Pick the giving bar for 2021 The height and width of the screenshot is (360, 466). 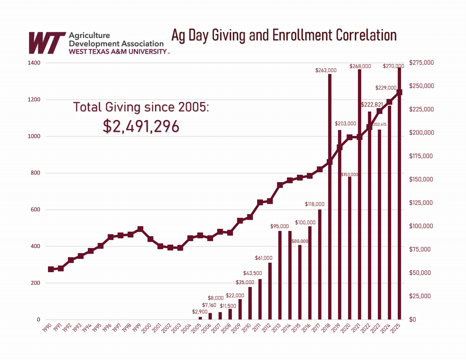pyautogui.click(x=360, y=194)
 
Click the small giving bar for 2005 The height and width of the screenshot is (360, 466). pyautogui.click(x=200, y=318)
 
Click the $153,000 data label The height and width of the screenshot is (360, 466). pyautogui.click(x=349, y=175)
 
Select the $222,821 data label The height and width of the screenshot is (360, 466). pyautogui.click(x=372, y=105)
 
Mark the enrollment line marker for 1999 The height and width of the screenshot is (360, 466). pyautogui.click(x=140, y=230)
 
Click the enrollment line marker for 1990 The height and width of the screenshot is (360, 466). pyautogui.click(x=50, y=269)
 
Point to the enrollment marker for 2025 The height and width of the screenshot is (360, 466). pyautogui.click(x=399, y=92)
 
